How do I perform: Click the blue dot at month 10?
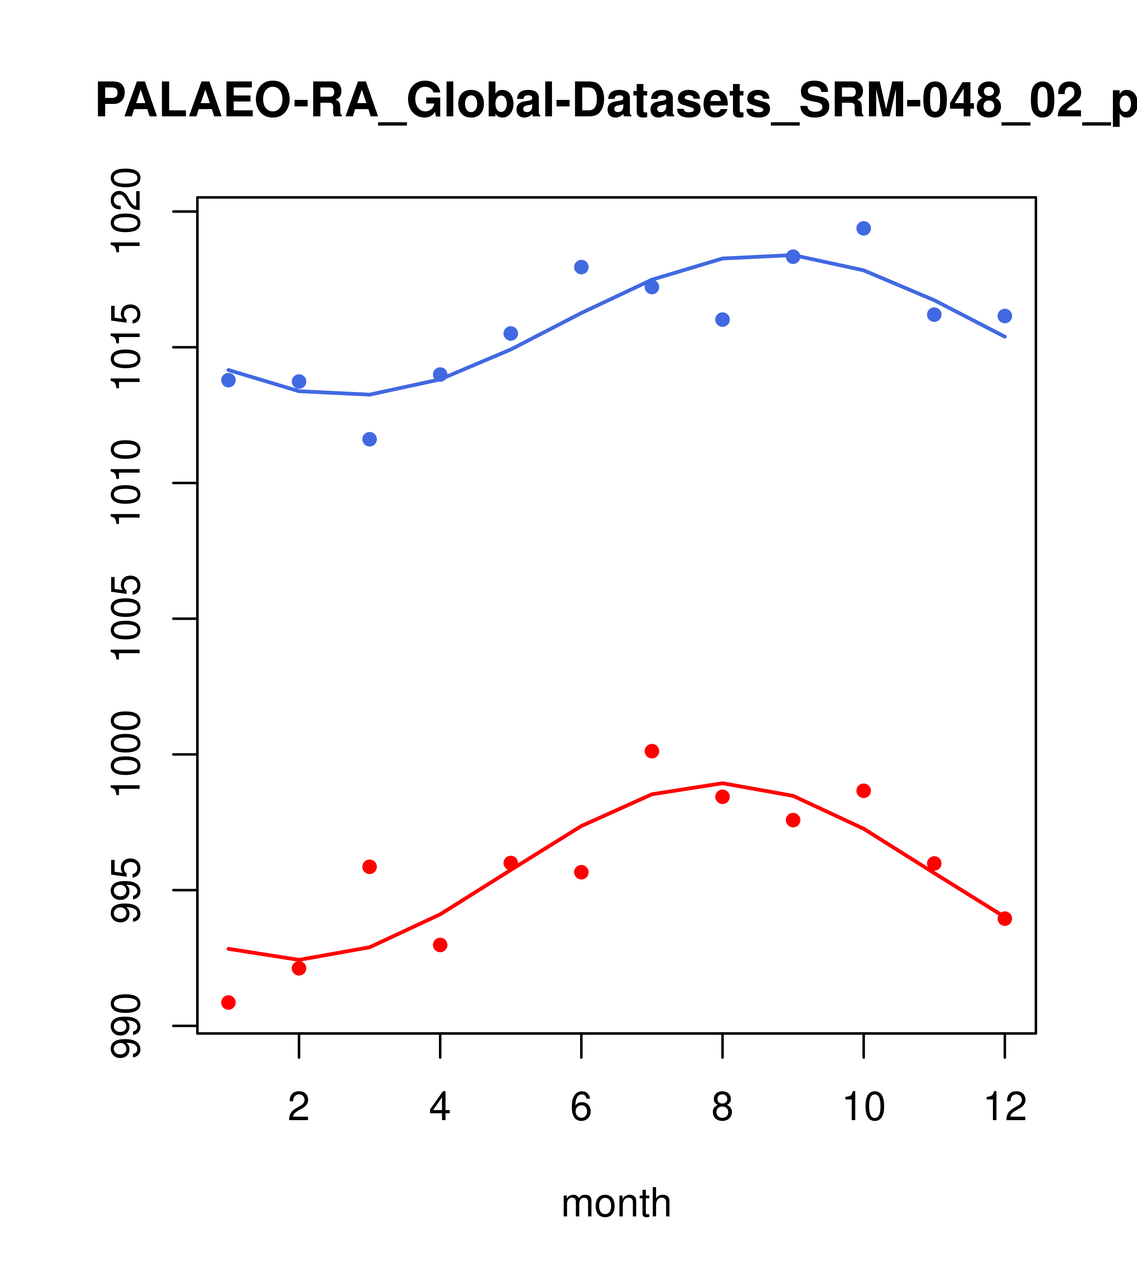click(x=863, y=228)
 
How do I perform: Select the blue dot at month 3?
click(x=370, y=439)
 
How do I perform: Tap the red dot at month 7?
click(x=652, y=751)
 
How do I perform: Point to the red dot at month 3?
click(x=370, y=867)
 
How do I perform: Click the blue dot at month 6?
click(x=581, y=267)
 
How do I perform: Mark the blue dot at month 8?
click(x=723, y=320)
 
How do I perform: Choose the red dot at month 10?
click(x=863, y=791)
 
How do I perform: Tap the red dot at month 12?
click(x=1005, y=919)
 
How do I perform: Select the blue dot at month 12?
click(x=1005, y=316)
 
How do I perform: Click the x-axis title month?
click(x=616, y=1204)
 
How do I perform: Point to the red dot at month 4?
click(x=441, y=945)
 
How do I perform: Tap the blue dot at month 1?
click(x=228, y=380)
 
